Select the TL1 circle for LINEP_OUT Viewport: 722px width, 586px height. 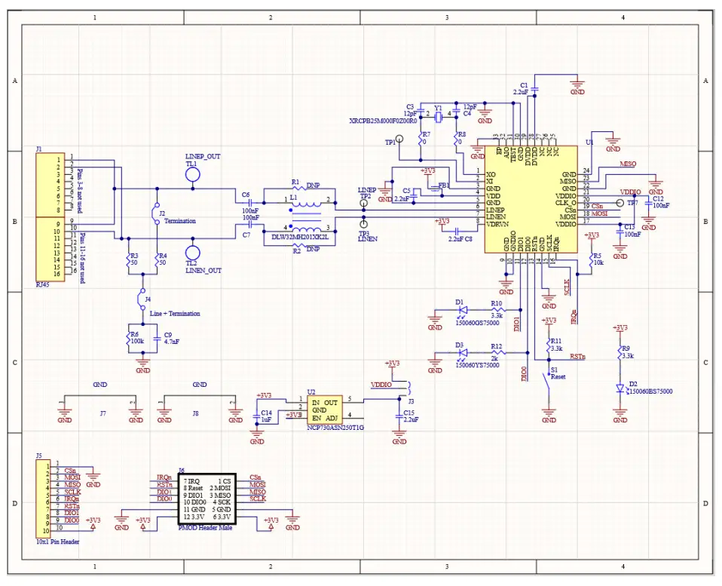pyautogui.click(x=192, y=175)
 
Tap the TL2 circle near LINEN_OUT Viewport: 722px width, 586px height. pyautogui.click(x=192, y=254)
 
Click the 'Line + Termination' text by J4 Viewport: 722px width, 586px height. pyautogui.click(x=175, y=313)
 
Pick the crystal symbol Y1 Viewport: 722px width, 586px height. pyautogui.click(x=438, y=115)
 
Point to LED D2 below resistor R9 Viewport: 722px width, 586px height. pyautogui.click(x=620, y=388)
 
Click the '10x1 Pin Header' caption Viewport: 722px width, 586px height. pyautogui.click(x=57, y=541)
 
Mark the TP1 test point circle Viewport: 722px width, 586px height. pyautogui.click(x=399, y=140)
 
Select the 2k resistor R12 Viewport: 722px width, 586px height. pyautogui.click(x=496, y=353)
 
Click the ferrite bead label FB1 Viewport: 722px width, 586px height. pyautogui.click(x=443, y=185)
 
